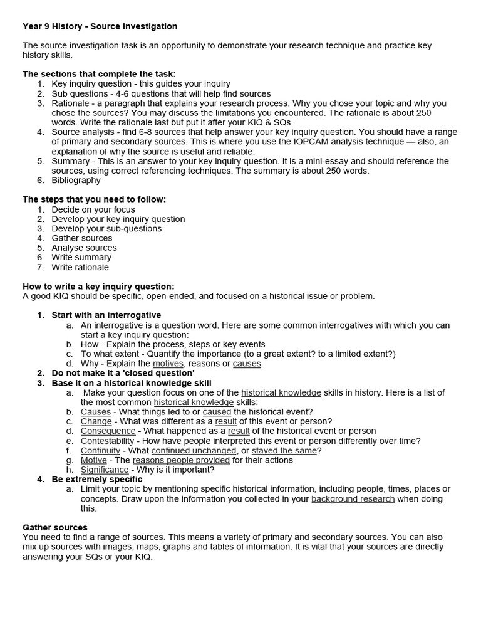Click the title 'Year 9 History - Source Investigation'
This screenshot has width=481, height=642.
100,26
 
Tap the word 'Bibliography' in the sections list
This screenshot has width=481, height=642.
76,180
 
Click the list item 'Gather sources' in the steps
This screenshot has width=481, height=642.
81,238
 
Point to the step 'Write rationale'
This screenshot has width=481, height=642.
80,267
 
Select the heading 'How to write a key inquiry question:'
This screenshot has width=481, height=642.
98,287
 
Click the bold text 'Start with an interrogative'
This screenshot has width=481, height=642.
106,315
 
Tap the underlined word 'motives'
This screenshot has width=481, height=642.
168,364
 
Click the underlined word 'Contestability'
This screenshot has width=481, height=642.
107,441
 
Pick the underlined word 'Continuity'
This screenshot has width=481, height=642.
100,450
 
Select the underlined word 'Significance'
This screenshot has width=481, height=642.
105,470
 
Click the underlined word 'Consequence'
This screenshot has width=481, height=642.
108,431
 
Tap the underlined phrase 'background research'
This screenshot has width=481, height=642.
353,499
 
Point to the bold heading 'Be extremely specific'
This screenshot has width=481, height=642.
96,479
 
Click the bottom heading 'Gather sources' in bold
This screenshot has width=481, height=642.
55,527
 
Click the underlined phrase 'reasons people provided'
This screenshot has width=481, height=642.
181,460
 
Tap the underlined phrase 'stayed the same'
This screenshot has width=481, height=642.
284,450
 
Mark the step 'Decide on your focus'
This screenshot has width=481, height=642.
93,209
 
